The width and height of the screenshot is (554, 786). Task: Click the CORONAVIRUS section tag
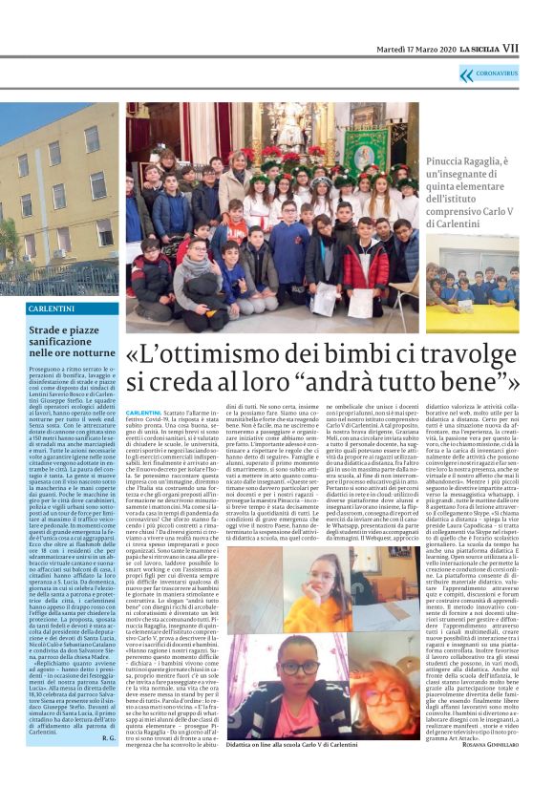coord(498,74)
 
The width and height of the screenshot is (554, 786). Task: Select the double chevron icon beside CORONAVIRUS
coord(466,74)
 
